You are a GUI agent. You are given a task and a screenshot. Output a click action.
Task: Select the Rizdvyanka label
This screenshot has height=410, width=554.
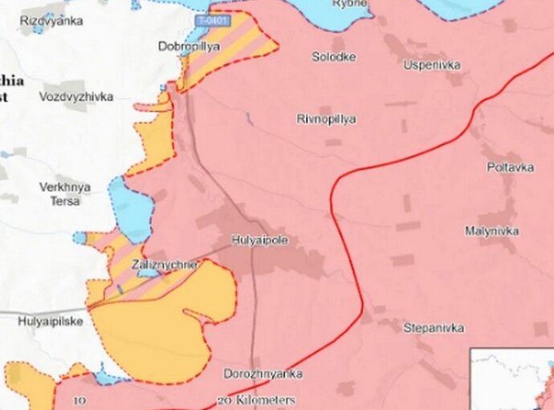51,21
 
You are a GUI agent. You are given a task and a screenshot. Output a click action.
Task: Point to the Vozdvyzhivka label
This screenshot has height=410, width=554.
76,96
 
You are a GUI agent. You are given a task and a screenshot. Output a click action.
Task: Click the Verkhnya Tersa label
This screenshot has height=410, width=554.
65,194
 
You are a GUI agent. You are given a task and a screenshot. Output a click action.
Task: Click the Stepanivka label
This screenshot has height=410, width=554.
434,328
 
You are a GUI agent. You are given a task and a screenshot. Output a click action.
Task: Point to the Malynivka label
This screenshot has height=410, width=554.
491,231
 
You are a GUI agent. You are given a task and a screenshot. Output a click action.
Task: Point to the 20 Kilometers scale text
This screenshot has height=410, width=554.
256,400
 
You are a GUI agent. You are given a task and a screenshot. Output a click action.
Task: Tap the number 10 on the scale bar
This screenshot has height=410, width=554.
79,400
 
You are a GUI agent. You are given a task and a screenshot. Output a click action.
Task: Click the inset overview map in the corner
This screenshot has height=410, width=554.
511,379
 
